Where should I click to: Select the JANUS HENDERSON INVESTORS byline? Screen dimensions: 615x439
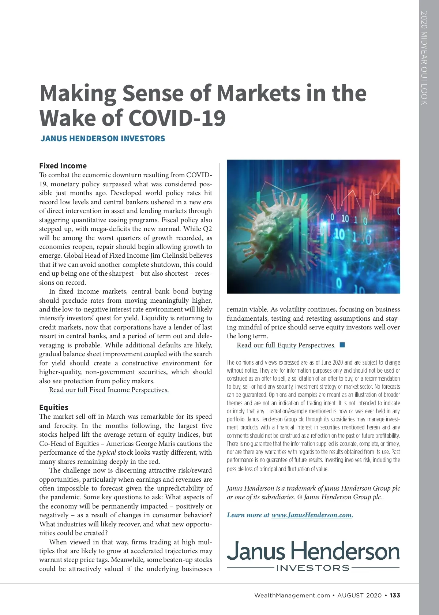tap(103, 139)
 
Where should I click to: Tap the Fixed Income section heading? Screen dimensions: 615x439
tap(63, 166)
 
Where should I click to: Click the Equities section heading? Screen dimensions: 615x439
tap(54, 407)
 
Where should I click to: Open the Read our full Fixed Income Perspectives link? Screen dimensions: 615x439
tap(109, 390)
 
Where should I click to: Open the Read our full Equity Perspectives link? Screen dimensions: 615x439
tap(286, 345)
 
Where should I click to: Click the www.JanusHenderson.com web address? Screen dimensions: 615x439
tap(311, 515)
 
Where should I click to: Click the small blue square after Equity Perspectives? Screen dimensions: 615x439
tap(342, 345)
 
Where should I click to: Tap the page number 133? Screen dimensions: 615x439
tap(395, 595)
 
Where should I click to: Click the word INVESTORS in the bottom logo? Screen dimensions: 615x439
tap(313, 568)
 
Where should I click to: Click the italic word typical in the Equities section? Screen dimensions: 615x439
tap(106, 452)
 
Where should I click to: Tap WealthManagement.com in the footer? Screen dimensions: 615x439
tap(292, 595)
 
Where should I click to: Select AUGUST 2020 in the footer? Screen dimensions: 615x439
tap(359, 595)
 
